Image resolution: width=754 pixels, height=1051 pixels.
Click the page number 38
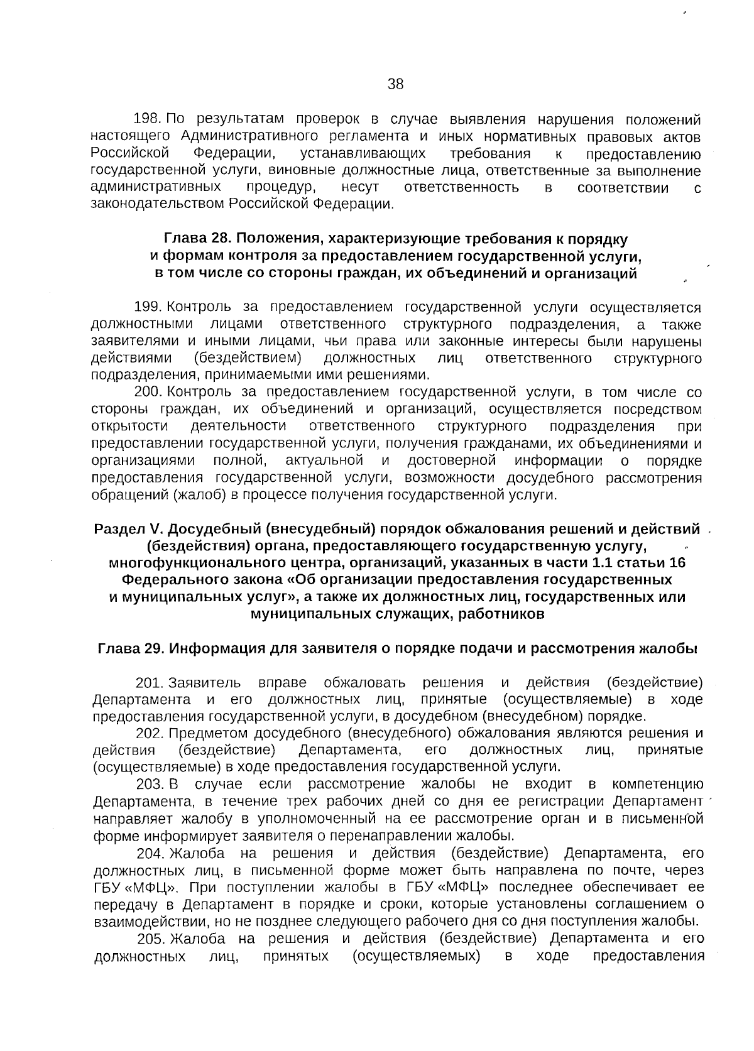[x=395, y=84]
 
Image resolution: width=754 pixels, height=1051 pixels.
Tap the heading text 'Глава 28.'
[x=195, y=239]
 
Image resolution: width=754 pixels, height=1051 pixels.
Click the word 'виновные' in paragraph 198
[x=295, y=171]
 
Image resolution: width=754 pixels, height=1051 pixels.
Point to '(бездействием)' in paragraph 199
[x=248, y=358]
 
